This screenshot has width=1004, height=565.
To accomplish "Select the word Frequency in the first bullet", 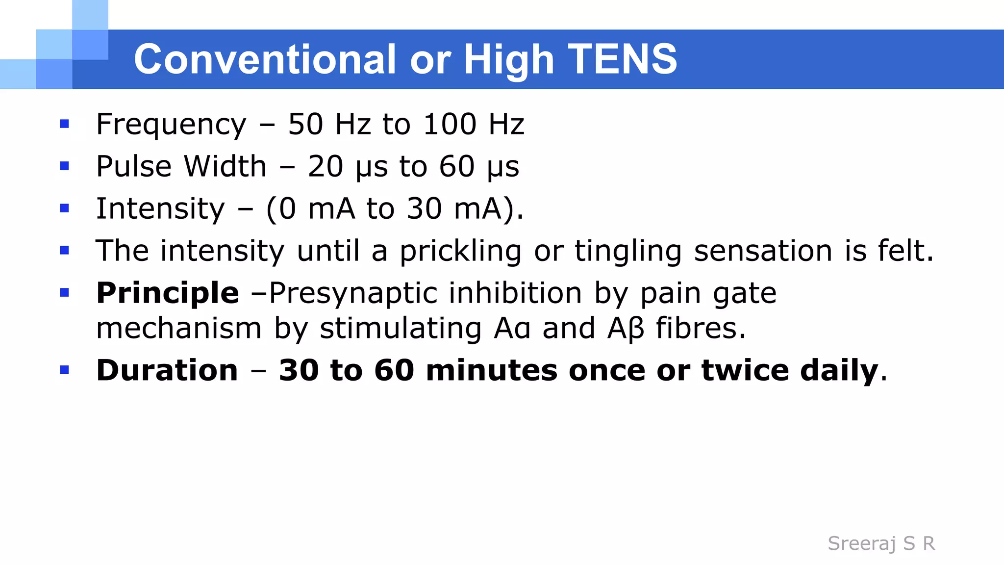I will click(x=171, y=124).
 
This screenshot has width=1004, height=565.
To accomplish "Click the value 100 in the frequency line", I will click(x=450, y=124).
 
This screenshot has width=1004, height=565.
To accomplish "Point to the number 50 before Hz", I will click(x=305, y=124).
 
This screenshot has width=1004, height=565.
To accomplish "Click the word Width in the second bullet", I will click(x=226, y=166).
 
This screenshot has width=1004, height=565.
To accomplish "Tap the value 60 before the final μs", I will click(x=457, y=166).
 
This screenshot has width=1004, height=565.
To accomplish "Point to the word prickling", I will click(x=460, y=251).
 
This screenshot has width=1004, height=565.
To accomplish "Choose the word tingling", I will click(x=628, y=251).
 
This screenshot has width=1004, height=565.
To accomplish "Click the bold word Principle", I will click(x=168, y=293).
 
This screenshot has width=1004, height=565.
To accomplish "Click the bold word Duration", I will click(x=167, y=370).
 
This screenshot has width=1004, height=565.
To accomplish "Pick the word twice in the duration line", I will click(x=745, y=370).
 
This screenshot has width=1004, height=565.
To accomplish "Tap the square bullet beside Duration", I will click(x=64, y=370).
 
